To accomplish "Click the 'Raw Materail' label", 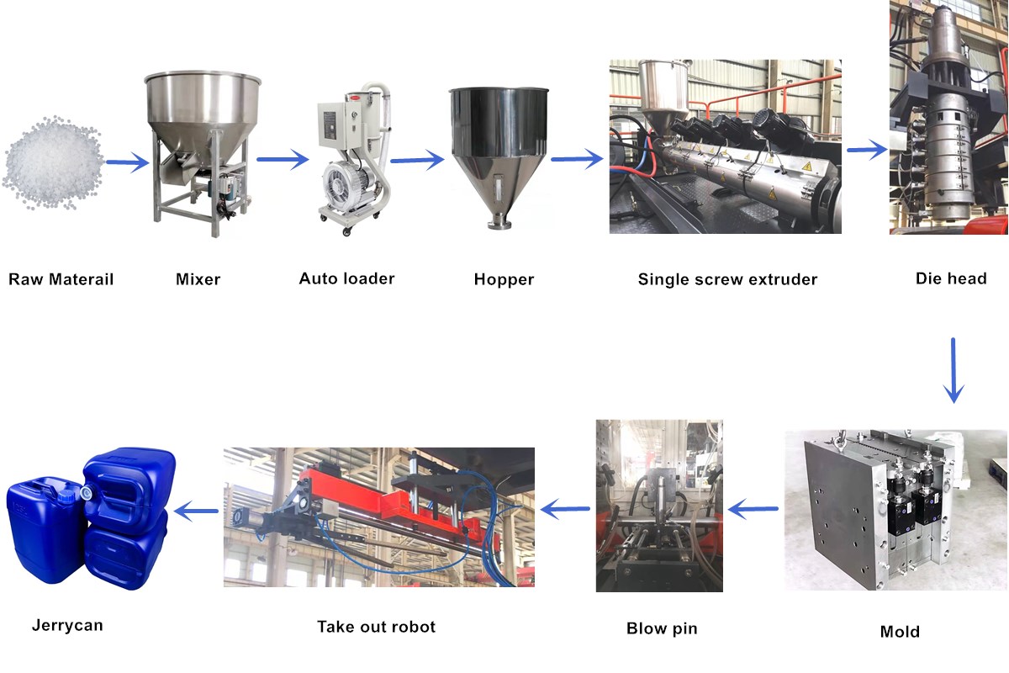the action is (61, 279).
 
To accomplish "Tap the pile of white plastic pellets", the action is (53, 163).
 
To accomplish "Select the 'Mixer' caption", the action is (198, 279).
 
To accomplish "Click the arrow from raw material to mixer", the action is (128, 162).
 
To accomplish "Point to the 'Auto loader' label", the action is (346, 278).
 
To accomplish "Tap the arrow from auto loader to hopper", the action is (417, 160).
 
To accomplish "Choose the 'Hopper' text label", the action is (504, 279).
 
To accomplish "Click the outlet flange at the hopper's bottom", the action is (499, 224).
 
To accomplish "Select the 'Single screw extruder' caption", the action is (727, 279).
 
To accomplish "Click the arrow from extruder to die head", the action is (867, 150).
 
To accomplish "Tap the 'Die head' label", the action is (951, 278).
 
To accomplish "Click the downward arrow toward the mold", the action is (954, 370).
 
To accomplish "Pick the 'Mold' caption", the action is (900, 632).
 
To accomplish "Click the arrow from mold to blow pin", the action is (753, 509).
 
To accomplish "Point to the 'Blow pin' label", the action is (662, 628).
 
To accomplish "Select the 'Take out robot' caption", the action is (376, 627).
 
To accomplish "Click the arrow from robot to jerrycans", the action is (197, 511).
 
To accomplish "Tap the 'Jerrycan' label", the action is (67, 626).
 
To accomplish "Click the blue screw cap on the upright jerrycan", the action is (66, 497).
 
